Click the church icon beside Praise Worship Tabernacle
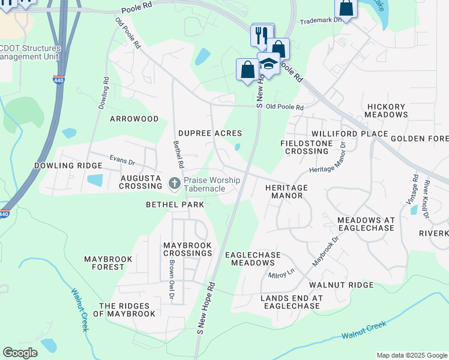[175, 183]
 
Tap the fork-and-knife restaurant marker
[262, 35]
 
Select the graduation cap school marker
[269, 64]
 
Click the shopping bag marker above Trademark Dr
[346, 8]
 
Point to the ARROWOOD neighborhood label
[134, 119]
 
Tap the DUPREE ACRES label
[210, 133]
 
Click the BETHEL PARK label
[175, 205]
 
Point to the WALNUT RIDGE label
[341, 285]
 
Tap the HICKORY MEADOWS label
[387, 110]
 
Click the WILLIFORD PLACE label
[342, 133]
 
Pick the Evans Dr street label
[122, 160]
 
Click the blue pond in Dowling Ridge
[95, 180]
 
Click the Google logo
[20, 353]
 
